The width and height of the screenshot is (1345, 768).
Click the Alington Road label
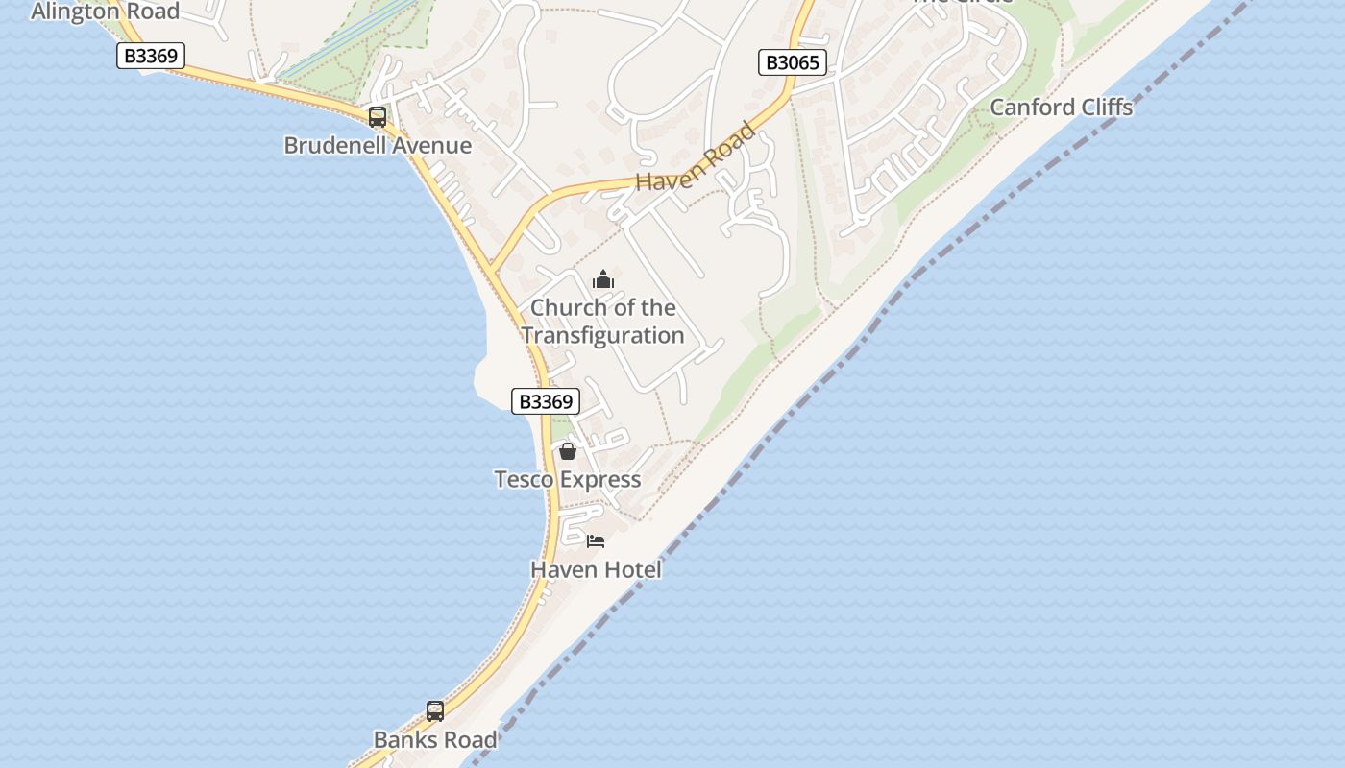pyautogui.click(x=105, y=12)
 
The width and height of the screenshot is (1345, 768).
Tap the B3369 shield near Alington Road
pyautogui.click(x=151, y=56)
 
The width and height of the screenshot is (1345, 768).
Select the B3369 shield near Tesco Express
pyautogui.click(x=545, y=401)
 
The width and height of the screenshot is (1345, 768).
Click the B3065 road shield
pyautogui.click(x=792, y=63)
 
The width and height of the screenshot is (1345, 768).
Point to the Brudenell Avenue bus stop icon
pyautogui.click(x=378, y=117)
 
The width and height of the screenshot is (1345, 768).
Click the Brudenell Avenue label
pyautogui.click(x=378, y=146)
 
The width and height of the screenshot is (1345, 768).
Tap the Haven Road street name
pyautogui.click(x=696, y=158)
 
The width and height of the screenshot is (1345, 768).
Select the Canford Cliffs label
pyautogui.click(x=1061, y=107)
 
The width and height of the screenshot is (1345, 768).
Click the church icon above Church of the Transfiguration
pyautogui.click(x=603, y=280)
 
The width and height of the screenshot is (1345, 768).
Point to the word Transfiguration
pyautogui.click(x=602, y=335)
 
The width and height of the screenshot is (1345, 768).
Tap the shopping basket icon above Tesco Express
pyautogui.click(x=568, y=450)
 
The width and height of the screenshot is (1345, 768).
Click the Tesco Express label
pyautogui.click(x=567, y=479)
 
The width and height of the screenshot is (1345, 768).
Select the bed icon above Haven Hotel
pyautogui.click(x=596, y=541)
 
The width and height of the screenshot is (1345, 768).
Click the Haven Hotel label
pyautogui.click(x=596, y=569)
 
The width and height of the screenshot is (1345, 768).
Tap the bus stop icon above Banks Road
pyautogui.click(x=435, y=711)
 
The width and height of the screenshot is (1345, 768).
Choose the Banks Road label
pyautogui.click(x=435, y=740)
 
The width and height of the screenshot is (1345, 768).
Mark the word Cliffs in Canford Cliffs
pyautogui.click(x=1106, y=107)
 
